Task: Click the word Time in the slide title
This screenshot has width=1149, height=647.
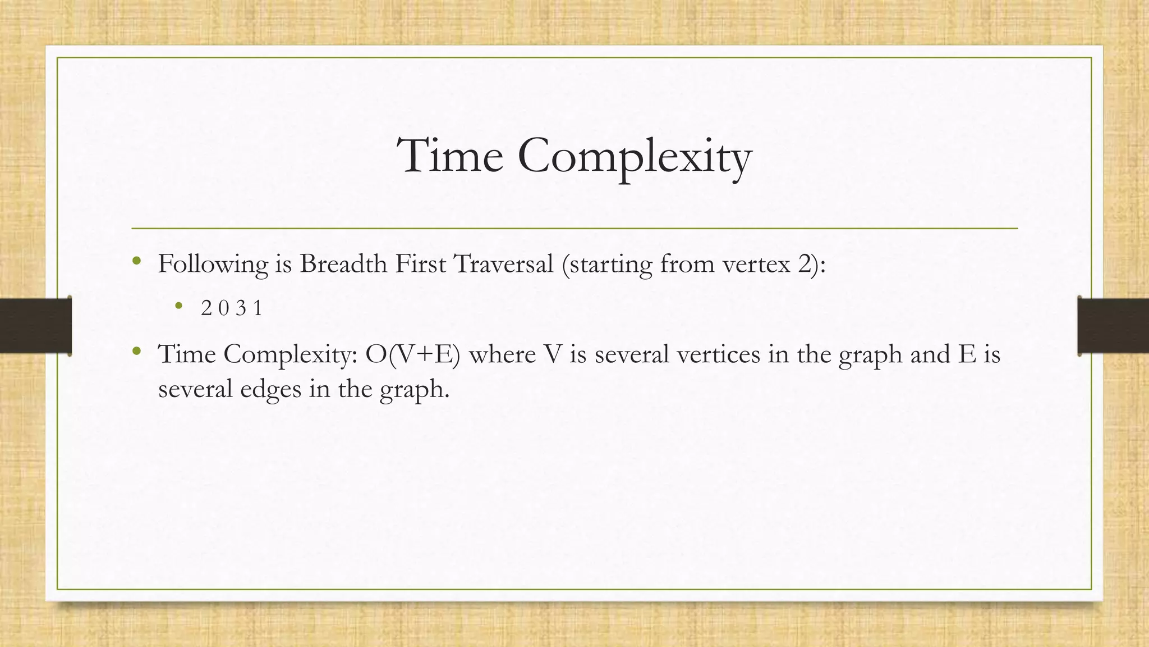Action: coord(449,156)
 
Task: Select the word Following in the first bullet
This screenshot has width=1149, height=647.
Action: coord(213,265)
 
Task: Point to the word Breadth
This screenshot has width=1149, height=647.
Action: coord(343,263)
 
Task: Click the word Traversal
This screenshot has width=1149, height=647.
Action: coord(503,263)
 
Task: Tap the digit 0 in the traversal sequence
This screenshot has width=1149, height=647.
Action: coord(223,308)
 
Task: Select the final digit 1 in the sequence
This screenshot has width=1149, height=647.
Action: coord(258,308)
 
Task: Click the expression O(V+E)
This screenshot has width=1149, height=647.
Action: coord(412,354)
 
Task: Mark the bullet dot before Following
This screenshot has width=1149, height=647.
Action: coord(136,261)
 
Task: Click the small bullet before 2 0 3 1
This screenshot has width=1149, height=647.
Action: coord(178,306)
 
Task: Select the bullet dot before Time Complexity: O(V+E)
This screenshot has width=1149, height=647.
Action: coord(136,352)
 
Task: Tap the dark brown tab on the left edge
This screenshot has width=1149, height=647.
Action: coord(35,326)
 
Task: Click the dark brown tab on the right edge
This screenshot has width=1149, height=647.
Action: coord(1113,326)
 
